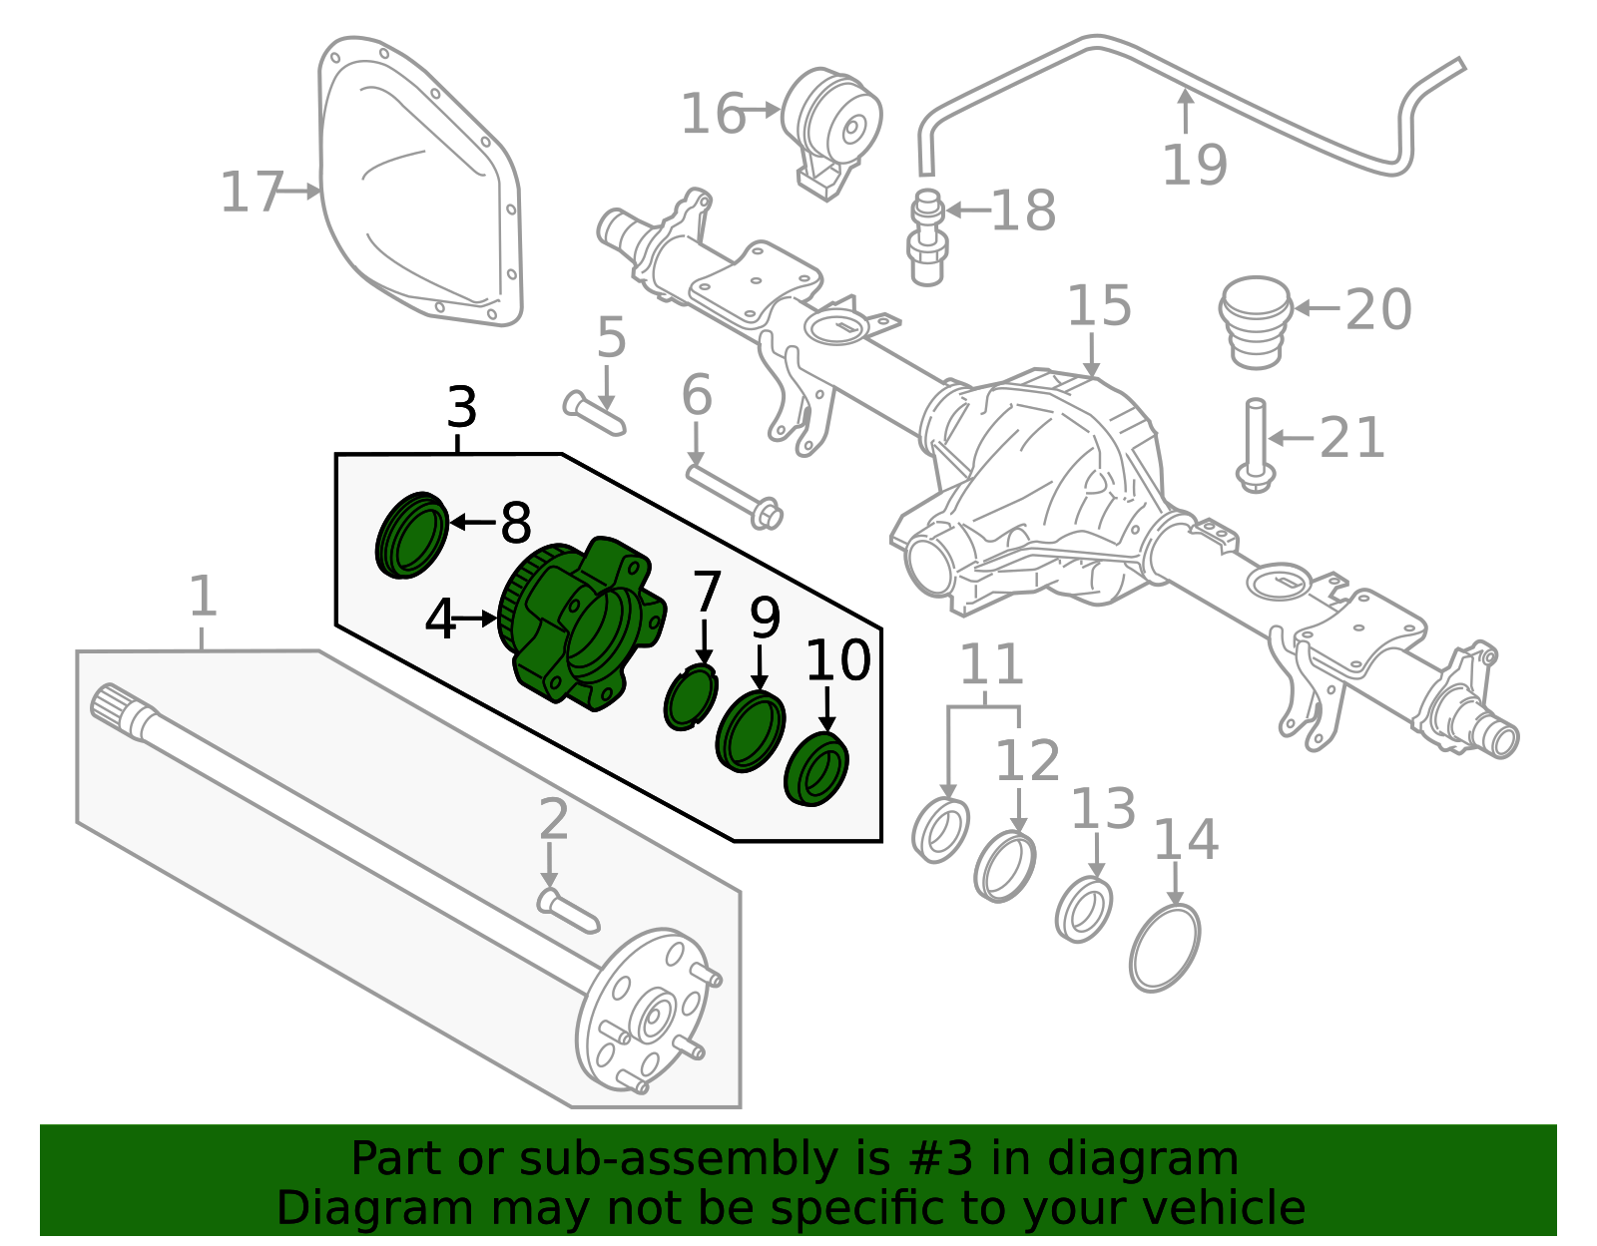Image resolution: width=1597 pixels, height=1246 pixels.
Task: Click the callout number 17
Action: click(252, 193)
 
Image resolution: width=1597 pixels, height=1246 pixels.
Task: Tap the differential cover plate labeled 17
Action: click(419, 190)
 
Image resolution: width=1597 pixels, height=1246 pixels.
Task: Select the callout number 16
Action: click(712, 114)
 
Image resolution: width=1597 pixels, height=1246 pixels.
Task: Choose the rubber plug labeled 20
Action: click(1256, 321)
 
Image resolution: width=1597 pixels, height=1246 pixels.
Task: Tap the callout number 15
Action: click(1099, 306)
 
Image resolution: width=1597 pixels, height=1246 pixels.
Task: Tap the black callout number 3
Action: click(461, 408)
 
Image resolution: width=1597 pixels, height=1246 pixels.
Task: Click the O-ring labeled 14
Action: click(1165, 948)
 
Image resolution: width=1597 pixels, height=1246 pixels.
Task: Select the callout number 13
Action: click(1103, 809)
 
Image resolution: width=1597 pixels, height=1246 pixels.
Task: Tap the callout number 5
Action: click(611, 338)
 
